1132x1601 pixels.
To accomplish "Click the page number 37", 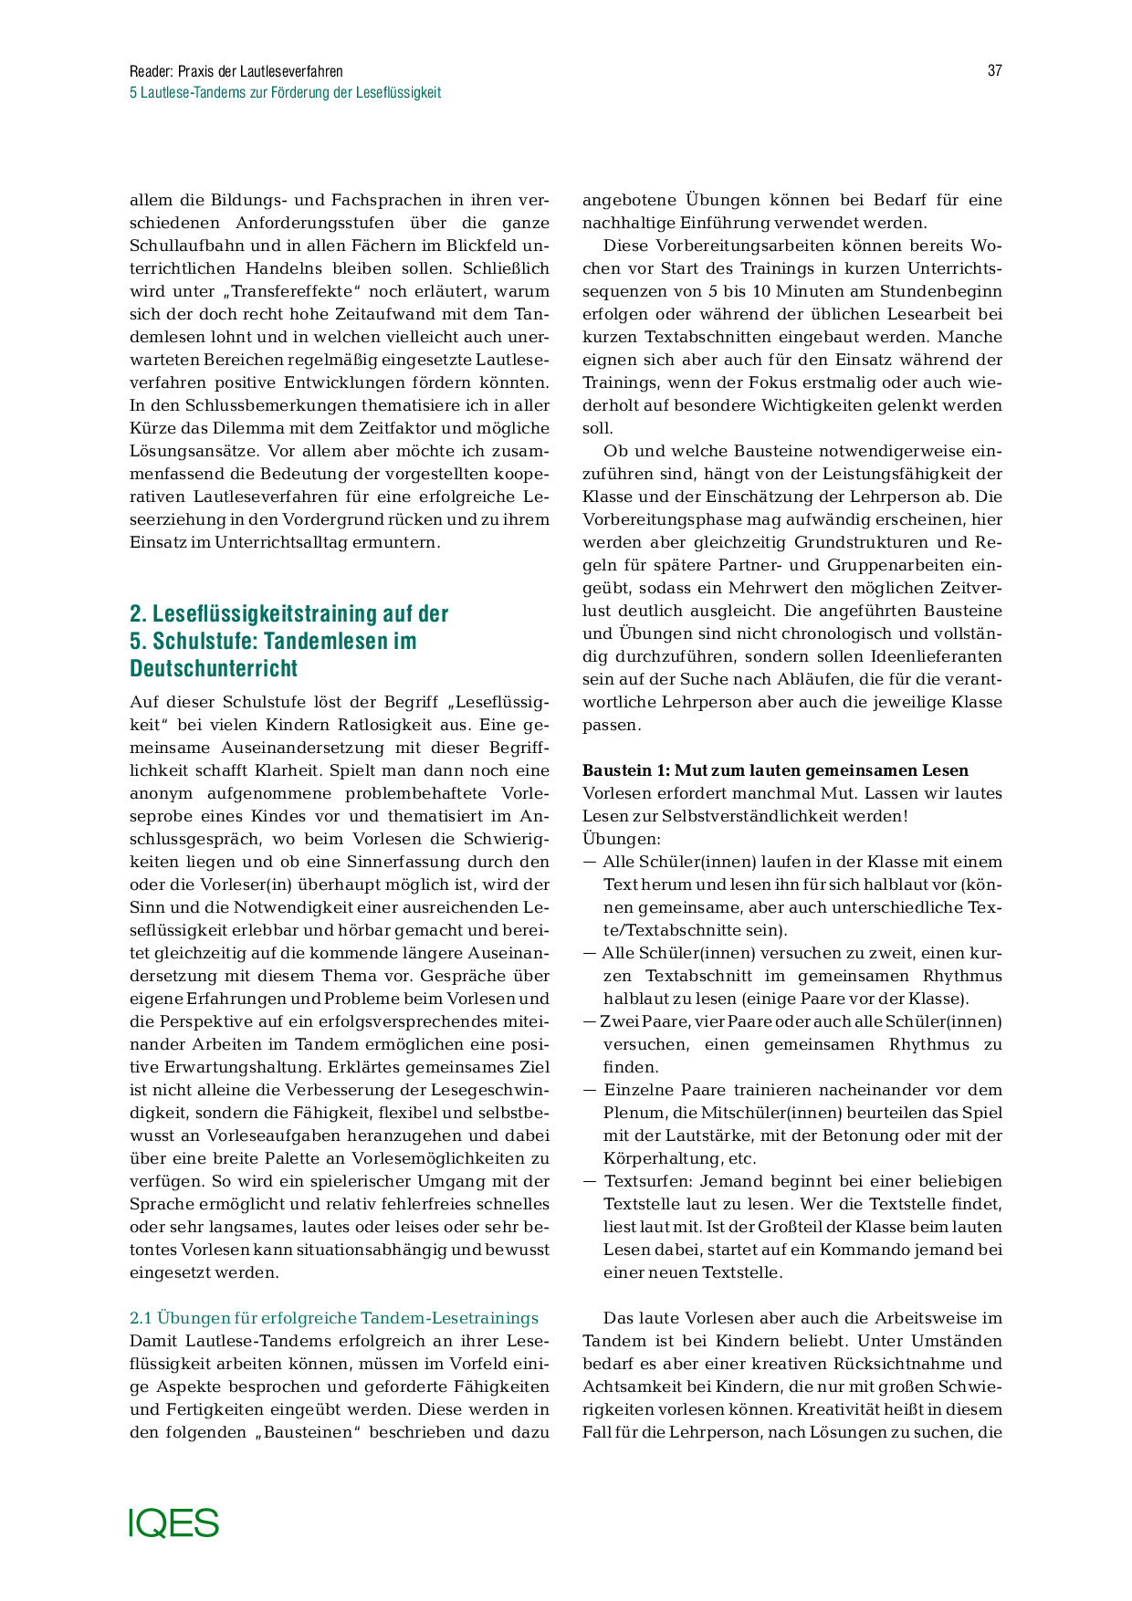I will tap(994, 71).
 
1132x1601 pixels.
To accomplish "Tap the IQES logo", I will tap(173, 1523).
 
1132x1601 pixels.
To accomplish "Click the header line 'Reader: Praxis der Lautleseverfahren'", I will tap(236, 71).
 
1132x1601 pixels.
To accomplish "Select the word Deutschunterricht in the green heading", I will tap(214, 669).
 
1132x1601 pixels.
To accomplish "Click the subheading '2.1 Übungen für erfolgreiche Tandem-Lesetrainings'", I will tap(334, 1318).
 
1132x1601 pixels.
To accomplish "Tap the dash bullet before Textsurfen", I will tap(590, 1181).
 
